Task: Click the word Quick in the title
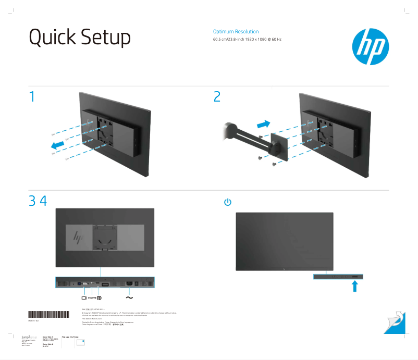point(51,38)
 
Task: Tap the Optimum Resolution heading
point(236,32)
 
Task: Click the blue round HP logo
point(370,47)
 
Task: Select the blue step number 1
point(32,96)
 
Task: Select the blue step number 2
point(217,96)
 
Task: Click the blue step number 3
point(33,201)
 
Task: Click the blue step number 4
point(43,201)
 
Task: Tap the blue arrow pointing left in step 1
point(60,144)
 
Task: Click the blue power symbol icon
point(227,202)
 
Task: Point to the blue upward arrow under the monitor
point(355,285)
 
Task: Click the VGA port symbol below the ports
point(83,297)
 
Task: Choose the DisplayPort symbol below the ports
point(100,297)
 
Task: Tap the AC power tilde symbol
point(129,297)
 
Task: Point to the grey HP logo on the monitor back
point(79,237)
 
